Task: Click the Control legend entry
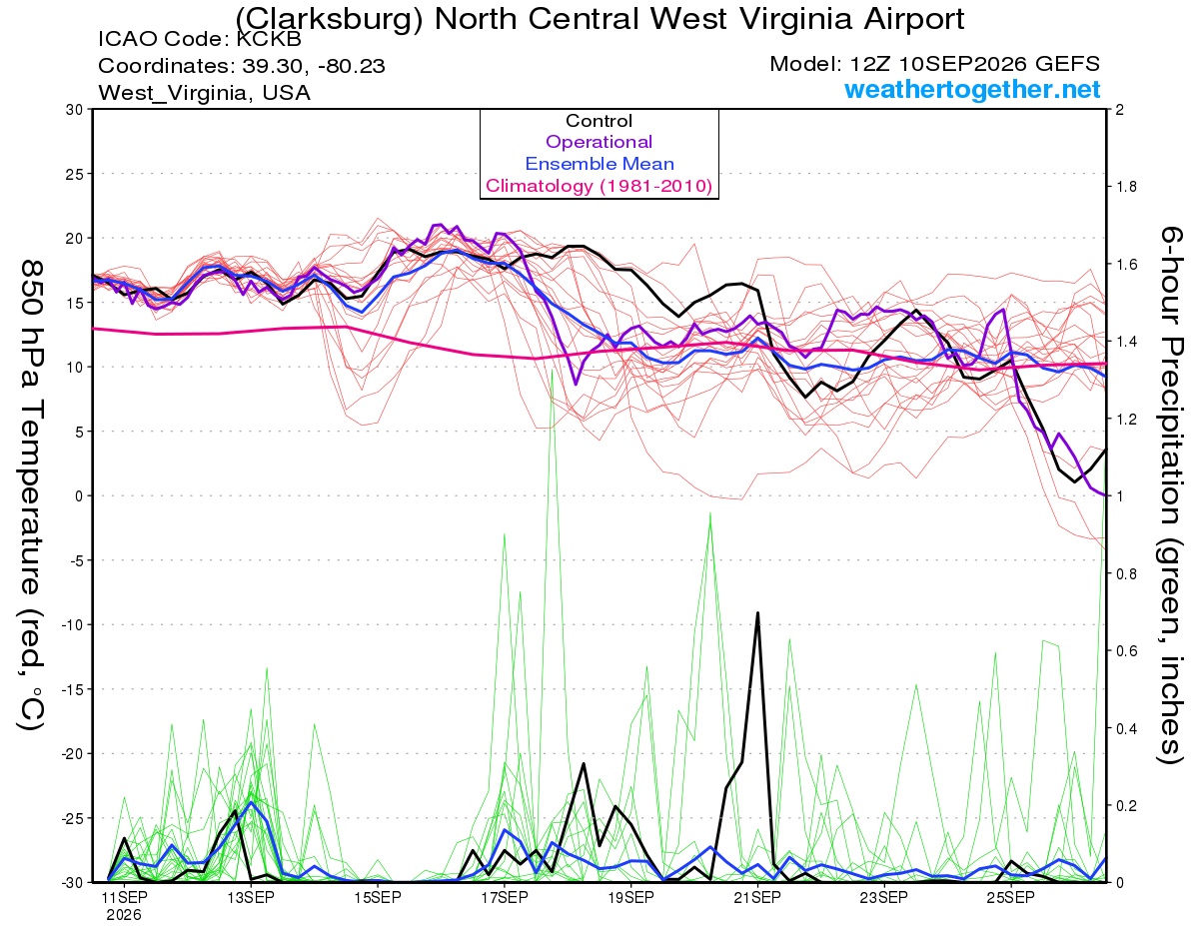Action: click(599, 121)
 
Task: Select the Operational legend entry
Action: click(599, 142)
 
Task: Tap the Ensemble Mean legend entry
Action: click(599, 164)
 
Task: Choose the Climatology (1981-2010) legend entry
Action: click(599, 186)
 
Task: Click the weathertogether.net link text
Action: click(972, 89)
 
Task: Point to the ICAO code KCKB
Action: click(269, 39)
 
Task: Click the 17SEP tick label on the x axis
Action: click(504, 898)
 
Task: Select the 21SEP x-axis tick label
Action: click(757, 898)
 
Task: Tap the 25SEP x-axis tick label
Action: click(1011, 898)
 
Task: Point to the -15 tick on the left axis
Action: click(72, 689)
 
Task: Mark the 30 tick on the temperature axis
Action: click(75, 110)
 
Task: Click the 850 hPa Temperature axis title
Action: click(31, 495)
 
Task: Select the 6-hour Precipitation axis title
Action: click(1171, 495)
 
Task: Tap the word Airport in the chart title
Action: click(913, 20)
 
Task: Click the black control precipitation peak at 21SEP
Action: click(758, 612)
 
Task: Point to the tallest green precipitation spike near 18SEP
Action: click(552, 370)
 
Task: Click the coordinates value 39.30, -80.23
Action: click(314, 66)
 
